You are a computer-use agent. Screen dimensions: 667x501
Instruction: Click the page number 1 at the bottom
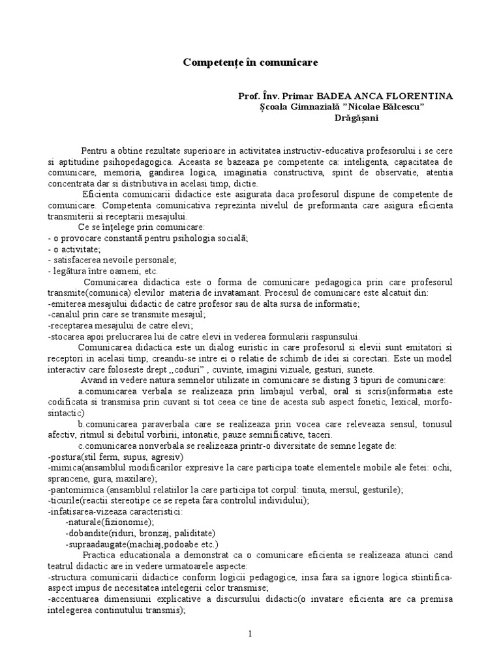click(250, 633)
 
